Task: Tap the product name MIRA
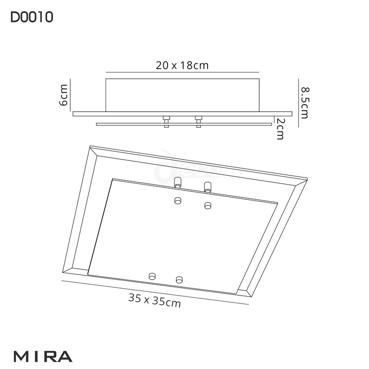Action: tap(43, 356)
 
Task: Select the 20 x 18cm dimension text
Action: tap(182, 65)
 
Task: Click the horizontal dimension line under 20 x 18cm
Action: tap(182, 72)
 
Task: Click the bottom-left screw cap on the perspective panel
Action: tap(151, 276)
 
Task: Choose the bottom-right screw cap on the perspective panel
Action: tap(179, 279)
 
